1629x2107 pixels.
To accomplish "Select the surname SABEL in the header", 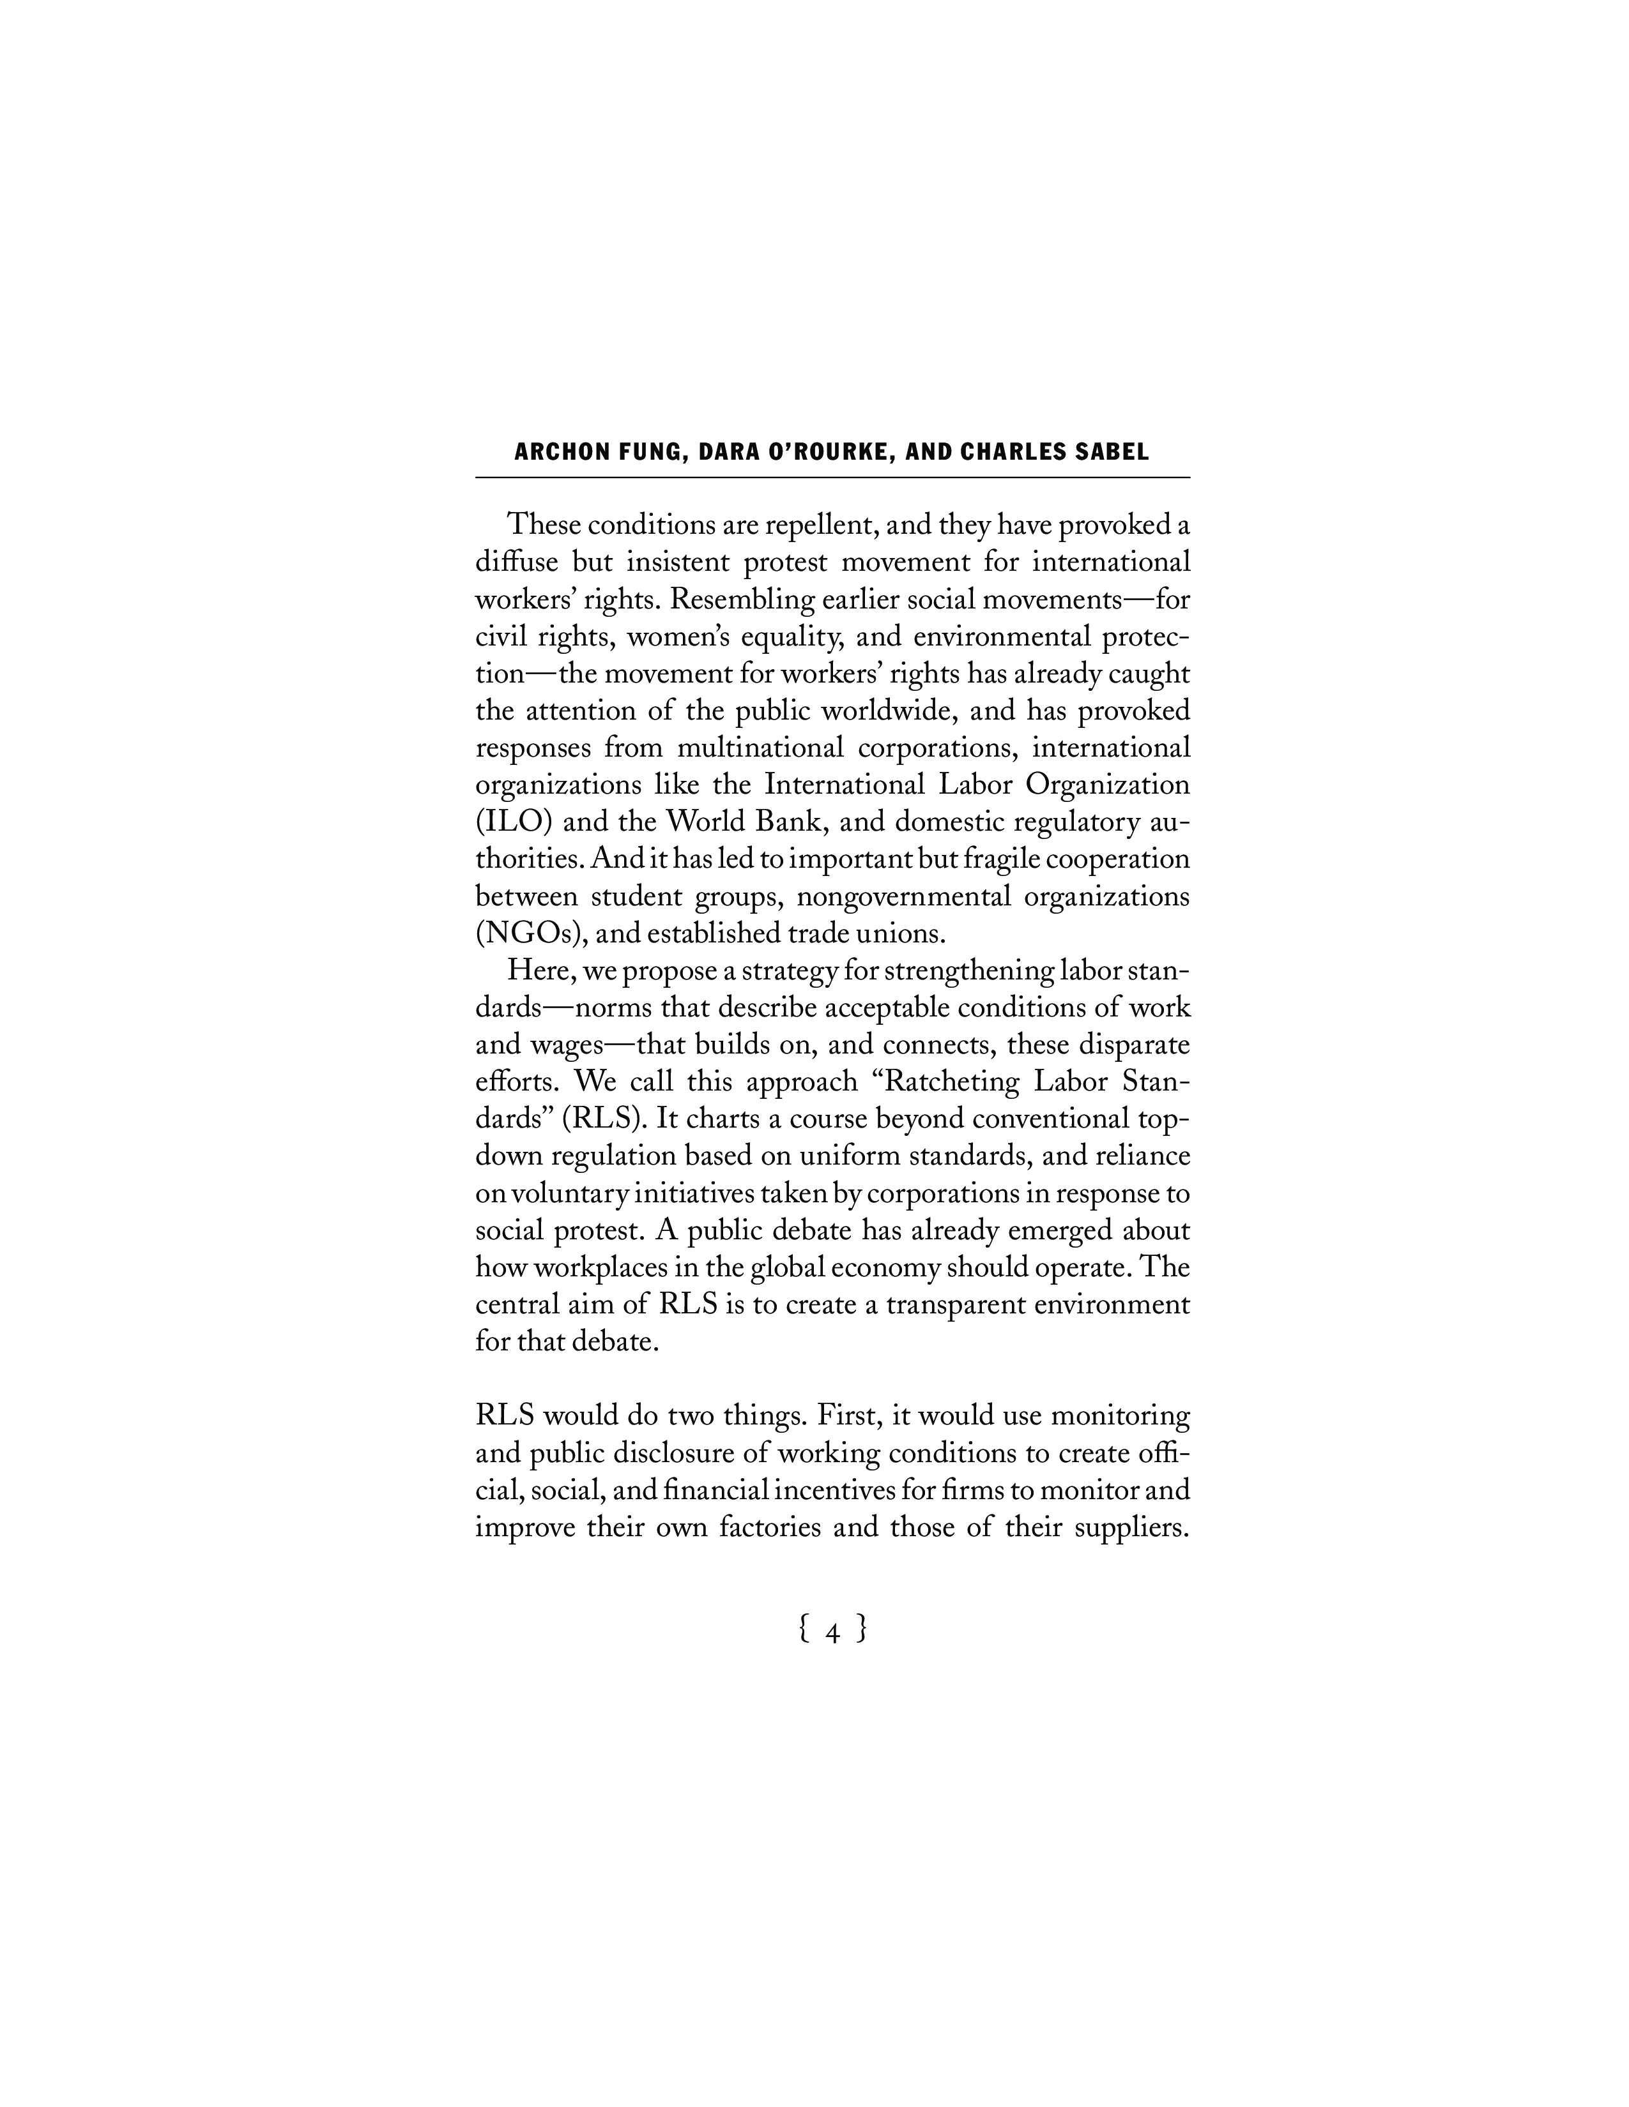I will pyautogui.click(x=1108, y=453).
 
